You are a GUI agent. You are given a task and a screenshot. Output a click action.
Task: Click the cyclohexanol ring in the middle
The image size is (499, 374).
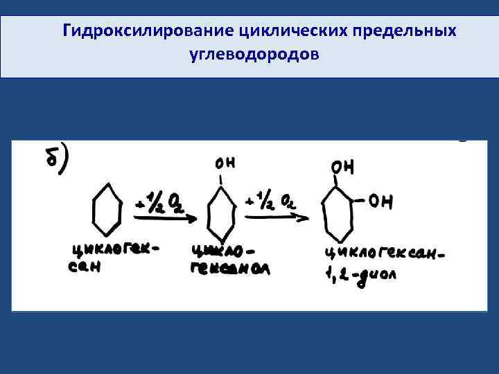click(x=221, y=213)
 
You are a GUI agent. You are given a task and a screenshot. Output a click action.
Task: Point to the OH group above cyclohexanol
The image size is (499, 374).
click(x=225, y=163)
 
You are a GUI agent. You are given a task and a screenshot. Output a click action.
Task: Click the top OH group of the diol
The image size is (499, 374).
click(x=342, y=167)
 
